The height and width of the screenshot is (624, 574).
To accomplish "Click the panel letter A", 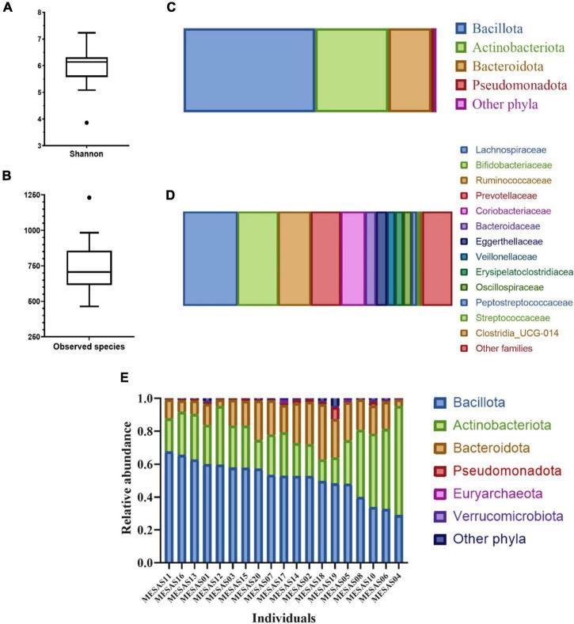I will pyautogui.click(x=8, y=9).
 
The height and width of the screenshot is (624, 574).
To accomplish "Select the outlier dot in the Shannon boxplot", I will pyautogui.click(x=86, y=123).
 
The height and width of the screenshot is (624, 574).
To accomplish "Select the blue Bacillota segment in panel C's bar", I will pyautogui.click(x=249, y=70).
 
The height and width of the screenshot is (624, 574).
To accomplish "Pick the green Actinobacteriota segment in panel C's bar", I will pyautogui.click(x=352, y=70).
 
